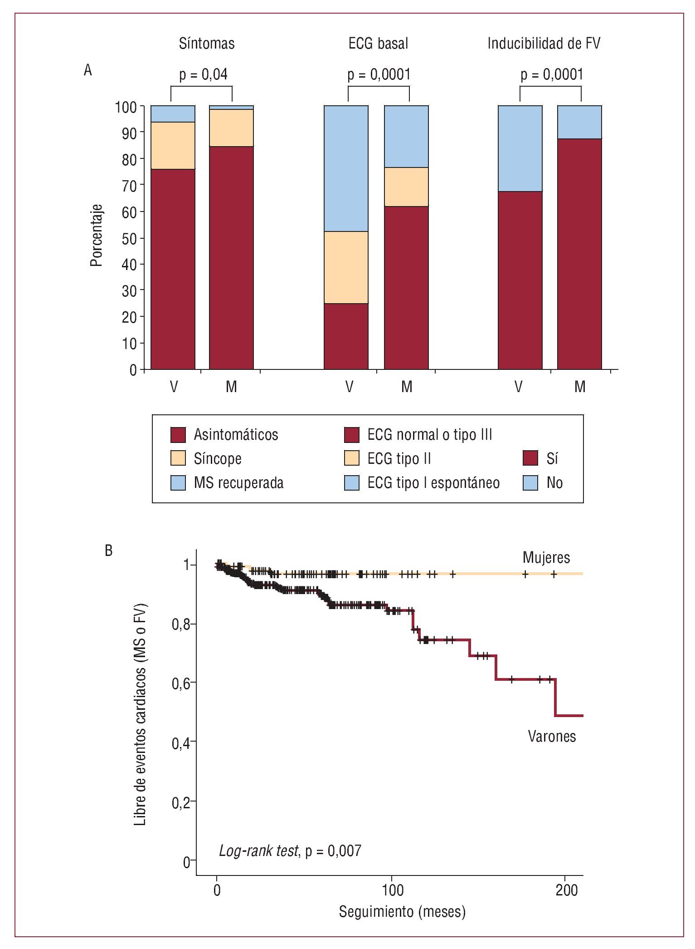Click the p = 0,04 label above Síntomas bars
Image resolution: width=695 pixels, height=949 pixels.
(203, 74)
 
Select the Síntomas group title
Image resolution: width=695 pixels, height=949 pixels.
(207, 44)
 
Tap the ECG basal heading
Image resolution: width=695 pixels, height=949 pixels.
(378, 44)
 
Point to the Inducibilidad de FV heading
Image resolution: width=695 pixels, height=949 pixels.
(544, 44)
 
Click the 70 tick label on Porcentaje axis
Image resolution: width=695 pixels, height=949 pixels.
(129, 186)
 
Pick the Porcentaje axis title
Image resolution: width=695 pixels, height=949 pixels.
(97, 235)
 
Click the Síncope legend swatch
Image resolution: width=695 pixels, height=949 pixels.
(178, 458)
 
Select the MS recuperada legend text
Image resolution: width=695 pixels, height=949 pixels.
(238, 482)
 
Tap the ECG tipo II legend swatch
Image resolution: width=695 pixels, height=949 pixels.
(352, 458)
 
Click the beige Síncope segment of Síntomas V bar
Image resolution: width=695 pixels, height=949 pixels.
(173, 145)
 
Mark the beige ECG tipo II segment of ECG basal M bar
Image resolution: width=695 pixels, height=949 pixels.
(406, 187)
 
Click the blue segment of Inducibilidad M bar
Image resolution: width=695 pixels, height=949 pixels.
(579, 122)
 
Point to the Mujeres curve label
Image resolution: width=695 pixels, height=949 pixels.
(546, 557)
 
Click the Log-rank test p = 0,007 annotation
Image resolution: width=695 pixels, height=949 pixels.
(290, 851)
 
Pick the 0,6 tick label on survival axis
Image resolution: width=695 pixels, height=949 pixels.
(181, 683)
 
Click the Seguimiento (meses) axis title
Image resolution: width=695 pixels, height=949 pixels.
(402, 911)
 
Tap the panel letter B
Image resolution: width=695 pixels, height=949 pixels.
(109, 551)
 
